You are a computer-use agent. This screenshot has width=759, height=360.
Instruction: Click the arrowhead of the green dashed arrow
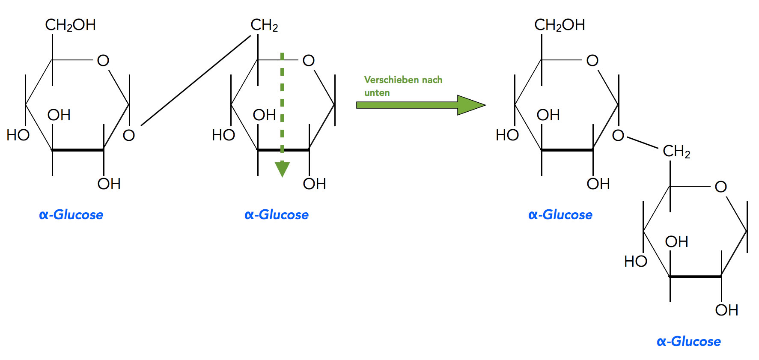pos(282,169)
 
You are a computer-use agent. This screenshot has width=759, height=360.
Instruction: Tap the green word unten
pos(377,93)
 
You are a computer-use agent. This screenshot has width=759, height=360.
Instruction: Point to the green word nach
pos(432,80)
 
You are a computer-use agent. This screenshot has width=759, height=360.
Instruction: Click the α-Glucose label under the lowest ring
pos(688,341)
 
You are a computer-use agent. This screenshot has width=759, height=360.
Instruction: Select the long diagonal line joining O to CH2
pos(196,81)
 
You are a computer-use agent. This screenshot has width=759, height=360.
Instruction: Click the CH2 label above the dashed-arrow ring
pos(264,25)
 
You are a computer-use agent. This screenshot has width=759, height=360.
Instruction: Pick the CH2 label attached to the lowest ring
pos(676,151)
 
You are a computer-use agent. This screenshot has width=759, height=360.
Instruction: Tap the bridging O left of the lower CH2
pos(618,136)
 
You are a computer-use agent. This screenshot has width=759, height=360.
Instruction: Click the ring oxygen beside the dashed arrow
pos(308,61)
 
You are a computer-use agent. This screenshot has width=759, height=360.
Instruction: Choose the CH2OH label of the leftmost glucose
pos(70,25)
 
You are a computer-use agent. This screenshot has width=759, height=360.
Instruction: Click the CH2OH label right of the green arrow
pos(560,25)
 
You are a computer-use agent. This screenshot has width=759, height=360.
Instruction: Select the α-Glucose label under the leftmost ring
pos(71,214)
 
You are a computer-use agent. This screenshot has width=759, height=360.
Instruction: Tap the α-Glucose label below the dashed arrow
pos(277,214)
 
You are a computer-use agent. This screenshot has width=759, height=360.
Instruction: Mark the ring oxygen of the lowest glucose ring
pos(720,187)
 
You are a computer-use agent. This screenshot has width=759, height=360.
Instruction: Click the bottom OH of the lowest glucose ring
pos(726,310)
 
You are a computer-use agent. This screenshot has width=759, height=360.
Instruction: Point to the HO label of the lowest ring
pos(635,261)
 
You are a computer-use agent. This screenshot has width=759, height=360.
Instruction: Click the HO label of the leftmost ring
pos(18,135)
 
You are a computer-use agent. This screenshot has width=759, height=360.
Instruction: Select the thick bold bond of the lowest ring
pos(695,277)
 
